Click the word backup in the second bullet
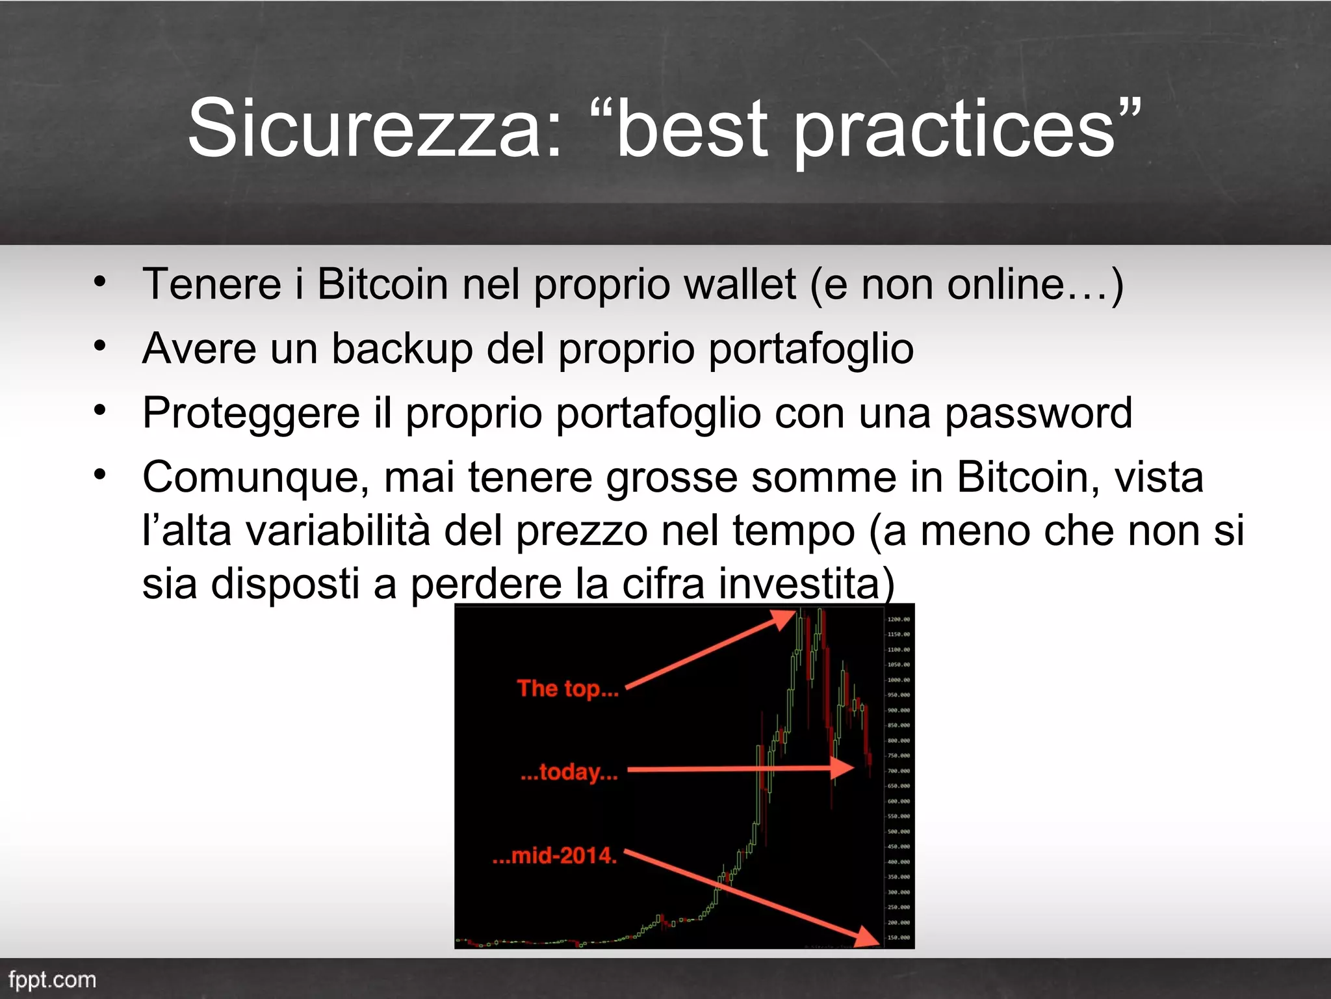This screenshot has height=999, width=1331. click(402, 349)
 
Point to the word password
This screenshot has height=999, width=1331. click(1038, 413)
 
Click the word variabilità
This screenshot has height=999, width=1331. click(338, 531)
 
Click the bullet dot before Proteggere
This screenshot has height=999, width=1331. click(99, 410)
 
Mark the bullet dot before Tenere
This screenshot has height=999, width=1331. click(99, 282)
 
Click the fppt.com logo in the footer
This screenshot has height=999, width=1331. click(52, 979)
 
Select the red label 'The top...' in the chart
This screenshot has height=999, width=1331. click(567, 688)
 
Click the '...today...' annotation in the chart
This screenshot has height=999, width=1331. click(569, 772)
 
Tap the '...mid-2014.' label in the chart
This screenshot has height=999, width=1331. click(554, 855)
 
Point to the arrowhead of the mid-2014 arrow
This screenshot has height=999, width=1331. click(868, 937)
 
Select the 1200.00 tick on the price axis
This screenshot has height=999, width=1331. click(899, 619)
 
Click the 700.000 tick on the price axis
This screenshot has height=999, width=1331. click(899, 771)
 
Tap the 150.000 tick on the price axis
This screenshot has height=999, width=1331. click(899, 937)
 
